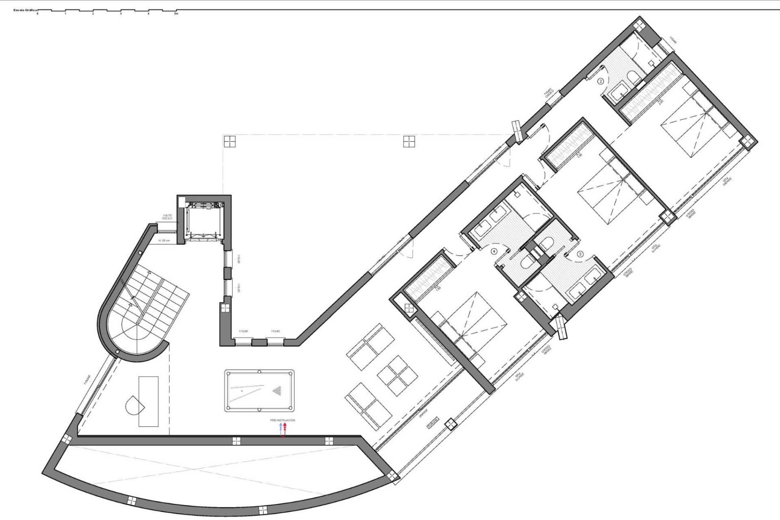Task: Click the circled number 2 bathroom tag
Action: click(601, 81)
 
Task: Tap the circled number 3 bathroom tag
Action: click(580, 254)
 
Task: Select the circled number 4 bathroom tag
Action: click(494, 251)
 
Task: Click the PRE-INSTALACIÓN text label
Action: click(283, 420)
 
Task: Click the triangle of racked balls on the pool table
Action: click(277, 391)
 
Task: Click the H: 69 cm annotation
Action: click(165, 241)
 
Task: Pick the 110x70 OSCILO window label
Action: click(167, 217)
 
